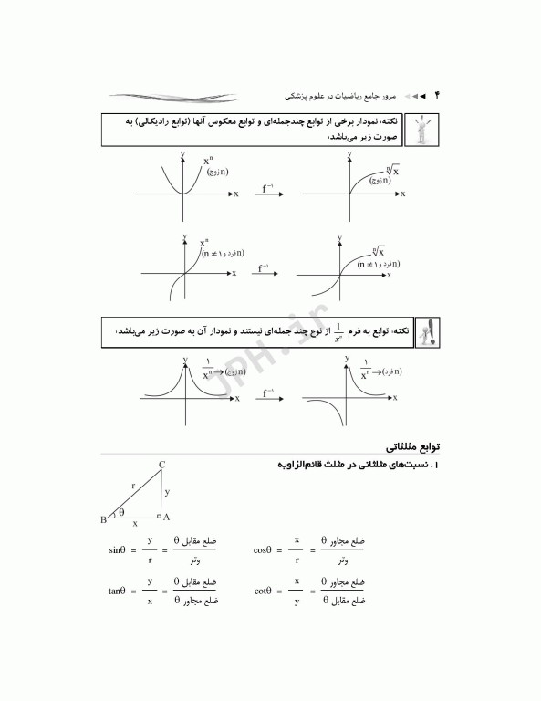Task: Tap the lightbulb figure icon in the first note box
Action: (421, 129)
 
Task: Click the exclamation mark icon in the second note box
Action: (425, 334)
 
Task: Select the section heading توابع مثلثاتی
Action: (411, 448)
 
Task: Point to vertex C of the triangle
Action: (161, 466)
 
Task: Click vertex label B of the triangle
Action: (103, 519)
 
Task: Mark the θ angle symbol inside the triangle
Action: (121, 512)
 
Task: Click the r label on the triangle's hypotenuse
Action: (132, 487)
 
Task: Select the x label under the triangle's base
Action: (136, 525)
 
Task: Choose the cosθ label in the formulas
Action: (264, 550)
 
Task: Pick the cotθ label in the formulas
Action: (264, 591)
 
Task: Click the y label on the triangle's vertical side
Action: (167, 492)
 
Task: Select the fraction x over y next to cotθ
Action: (296, 591)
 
